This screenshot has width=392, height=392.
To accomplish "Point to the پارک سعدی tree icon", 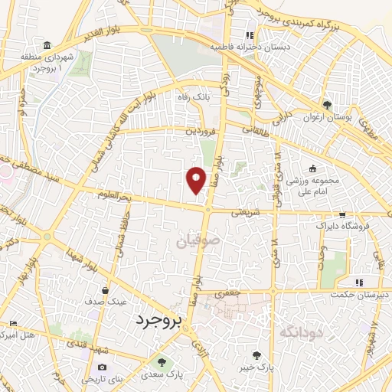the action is (x=160, y=361).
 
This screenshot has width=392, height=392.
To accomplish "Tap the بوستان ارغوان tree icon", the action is (x=328, y=105).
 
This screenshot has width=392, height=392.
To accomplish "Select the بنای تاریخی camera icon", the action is (x=103, y=367).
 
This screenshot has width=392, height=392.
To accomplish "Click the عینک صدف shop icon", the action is (x=105, y=290).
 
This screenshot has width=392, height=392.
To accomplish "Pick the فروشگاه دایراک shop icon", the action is (x=342, y=215).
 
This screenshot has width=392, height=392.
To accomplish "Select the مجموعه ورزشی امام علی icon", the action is (x=312, y=168).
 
